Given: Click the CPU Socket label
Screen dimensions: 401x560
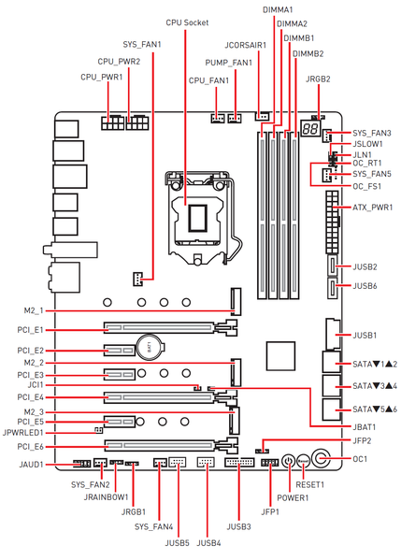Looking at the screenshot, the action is point(187,22).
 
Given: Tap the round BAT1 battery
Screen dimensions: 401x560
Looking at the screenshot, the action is point(150,347).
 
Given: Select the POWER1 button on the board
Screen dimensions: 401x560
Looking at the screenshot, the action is point(288,462).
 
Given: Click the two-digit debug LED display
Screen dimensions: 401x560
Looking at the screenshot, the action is point(310,128).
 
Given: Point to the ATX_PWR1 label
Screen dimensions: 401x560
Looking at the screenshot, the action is point(372,208).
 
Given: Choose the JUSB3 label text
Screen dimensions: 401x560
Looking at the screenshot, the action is point(239,526).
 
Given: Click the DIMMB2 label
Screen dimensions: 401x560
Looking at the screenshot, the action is point(308,54).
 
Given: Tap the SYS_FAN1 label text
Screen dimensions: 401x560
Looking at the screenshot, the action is point(142,45).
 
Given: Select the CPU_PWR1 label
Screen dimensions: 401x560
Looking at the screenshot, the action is point(101,78).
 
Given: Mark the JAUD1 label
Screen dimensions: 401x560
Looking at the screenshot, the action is point(32,465).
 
